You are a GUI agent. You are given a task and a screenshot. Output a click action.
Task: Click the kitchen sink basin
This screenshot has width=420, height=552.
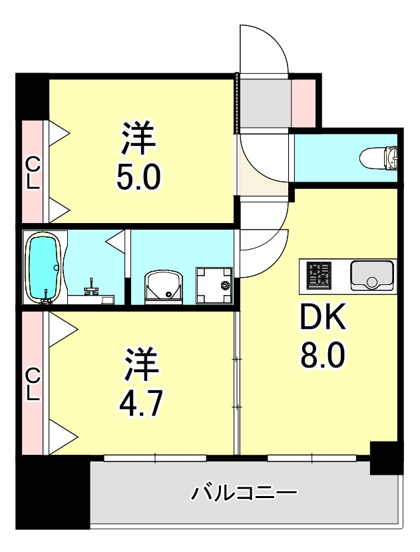tap(371, 275)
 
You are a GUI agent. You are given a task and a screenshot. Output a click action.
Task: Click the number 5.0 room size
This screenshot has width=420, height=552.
tap(138, 176)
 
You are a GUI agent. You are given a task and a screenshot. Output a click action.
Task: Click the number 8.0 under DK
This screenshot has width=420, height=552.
tap(322, 358)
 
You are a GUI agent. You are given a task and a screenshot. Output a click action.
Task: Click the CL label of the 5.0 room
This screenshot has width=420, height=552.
tap(32, 172)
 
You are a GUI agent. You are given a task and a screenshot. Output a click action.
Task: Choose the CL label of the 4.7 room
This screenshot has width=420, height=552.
tap(32, 386)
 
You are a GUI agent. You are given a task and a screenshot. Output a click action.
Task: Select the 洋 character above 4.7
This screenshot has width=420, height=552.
tap(142, 363)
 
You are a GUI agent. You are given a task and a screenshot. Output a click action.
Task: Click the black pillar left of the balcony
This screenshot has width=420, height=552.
tap(53, 493)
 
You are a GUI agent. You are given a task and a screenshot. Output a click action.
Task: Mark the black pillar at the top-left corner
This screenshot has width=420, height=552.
tap(32, 96)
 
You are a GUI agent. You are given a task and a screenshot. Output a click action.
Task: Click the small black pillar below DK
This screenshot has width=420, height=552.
tap(386, 457)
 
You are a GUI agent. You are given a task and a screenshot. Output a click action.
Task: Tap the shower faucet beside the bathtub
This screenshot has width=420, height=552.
tap(92, 287)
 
